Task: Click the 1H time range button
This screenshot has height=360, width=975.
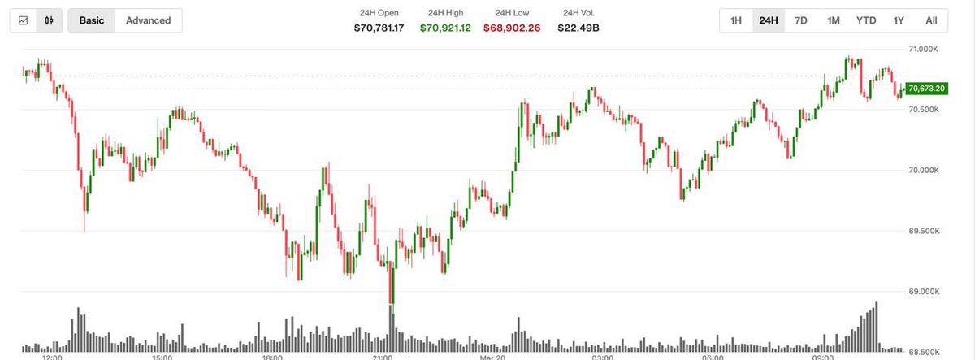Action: [735, 20]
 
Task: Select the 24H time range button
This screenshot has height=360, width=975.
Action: [768, 20]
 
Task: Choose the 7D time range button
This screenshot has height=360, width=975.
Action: [800, 20]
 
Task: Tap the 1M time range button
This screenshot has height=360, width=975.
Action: [833, 20]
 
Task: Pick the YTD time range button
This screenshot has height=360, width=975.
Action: [866, 20]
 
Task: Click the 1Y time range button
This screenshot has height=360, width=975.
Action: [899, 20]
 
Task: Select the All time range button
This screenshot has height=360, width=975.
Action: [931, 20]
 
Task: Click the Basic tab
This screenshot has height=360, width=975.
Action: [92, 20]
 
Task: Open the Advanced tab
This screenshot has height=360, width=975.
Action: [148, 20]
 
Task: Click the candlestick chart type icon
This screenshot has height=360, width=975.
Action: [50, 20]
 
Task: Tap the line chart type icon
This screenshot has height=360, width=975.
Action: [24, 20]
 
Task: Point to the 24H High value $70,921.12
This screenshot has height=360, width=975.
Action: [444, 28]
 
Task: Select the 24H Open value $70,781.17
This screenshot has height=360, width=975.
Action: [379, 28]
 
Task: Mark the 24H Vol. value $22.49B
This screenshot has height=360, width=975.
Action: [578, 28]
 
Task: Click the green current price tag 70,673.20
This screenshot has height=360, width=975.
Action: [925, 89]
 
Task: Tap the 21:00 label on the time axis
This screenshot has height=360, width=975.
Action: [383, 356]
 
